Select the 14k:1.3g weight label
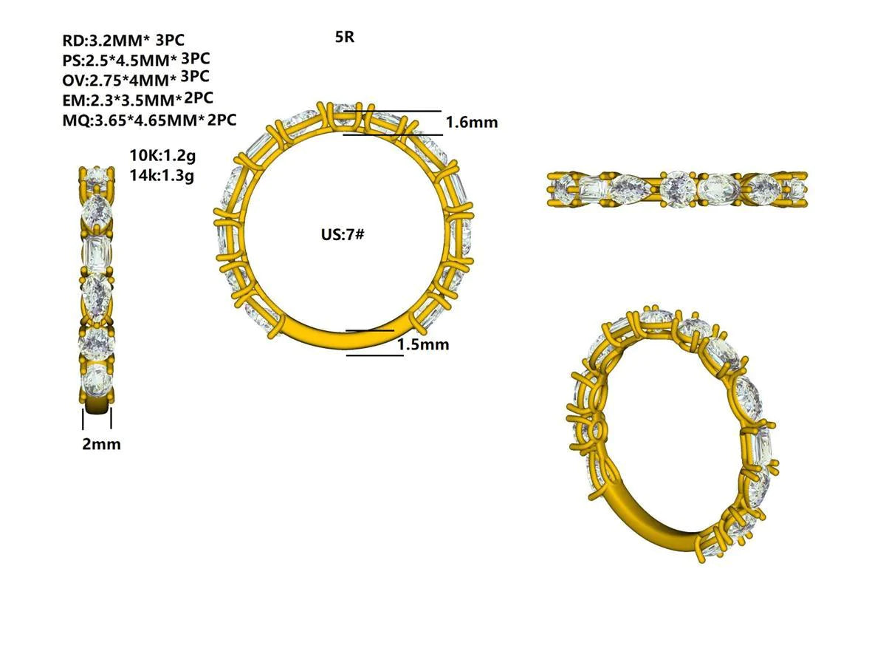(x=162, y=176)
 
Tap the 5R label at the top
(x=344, y=37)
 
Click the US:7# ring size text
(x=342, y=235)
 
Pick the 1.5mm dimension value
(x=423, y=344)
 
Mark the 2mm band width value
(x=101, y=444)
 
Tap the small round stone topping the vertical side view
(x=96, y=176)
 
